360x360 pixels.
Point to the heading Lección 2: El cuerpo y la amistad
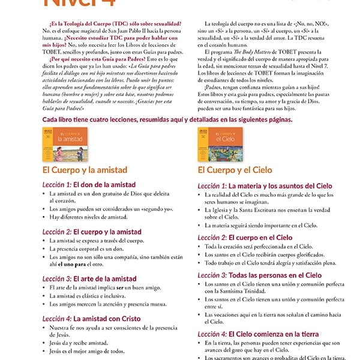92,232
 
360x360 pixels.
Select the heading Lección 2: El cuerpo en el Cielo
245,238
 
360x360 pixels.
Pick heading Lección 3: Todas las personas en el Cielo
259,275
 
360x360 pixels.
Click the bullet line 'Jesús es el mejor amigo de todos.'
87,352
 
